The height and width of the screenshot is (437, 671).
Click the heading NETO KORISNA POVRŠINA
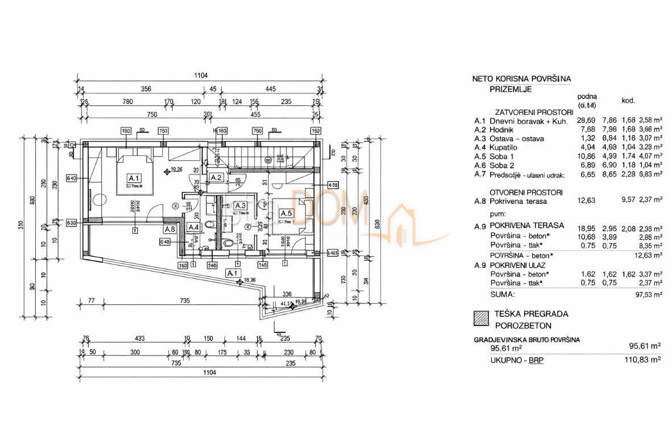click(521, 79)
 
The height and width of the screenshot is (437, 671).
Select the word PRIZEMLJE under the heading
click(511, 89)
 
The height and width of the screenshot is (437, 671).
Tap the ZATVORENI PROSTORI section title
click(527, 113)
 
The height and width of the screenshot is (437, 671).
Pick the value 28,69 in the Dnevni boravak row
click(586, 121)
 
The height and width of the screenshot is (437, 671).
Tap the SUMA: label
click(502, 294)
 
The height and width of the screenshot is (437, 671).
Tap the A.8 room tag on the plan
click(169, 229)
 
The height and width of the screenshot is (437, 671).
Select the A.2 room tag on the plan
click(216, 178)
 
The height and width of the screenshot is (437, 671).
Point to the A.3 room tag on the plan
click(239, 206)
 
